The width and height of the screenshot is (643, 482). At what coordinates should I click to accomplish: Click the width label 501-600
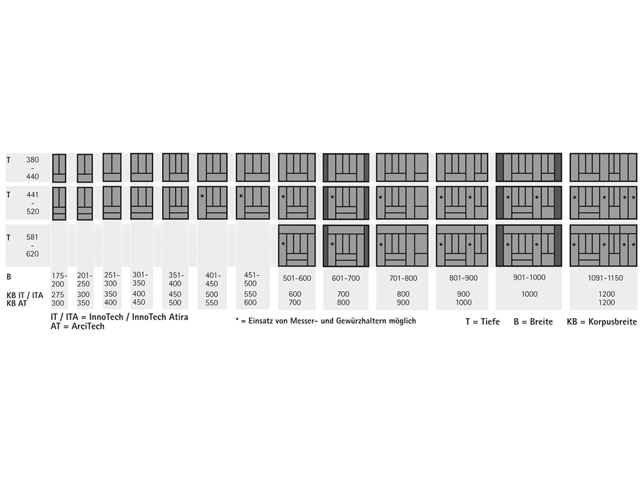point(297,278)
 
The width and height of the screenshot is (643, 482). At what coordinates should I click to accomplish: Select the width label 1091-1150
point(605,278)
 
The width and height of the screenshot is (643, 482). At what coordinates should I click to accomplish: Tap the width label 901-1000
point(529,278)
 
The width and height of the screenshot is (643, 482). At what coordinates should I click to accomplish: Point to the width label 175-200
point(59,280)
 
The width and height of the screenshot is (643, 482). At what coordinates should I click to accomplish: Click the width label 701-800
point(403,278)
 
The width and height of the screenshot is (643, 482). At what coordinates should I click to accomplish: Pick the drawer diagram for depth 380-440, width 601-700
point(346,167)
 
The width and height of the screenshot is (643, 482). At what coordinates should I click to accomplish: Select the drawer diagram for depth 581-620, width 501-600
point(297,245)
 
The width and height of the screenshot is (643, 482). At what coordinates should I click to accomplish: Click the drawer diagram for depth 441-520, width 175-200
point(59,203)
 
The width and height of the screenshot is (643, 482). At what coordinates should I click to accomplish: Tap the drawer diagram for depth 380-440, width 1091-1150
point(603,167)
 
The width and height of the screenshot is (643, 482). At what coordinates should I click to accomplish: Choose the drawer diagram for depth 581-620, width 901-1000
point(529,245)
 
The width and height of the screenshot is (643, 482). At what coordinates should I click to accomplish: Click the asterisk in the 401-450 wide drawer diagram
point(202,196)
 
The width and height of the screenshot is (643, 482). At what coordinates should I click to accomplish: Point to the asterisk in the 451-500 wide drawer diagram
point(241,196)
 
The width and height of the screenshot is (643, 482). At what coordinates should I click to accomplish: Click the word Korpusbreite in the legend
point(612,322)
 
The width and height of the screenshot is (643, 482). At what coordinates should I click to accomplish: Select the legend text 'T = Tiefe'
point(483,322)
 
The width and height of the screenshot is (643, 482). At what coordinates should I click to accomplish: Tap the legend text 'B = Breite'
point(533,322)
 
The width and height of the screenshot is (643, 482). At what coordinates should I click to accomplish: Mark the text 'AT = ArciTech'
point(78,326)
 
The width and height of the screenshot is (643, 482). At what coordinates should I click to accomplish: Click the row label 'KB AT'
point(17,303)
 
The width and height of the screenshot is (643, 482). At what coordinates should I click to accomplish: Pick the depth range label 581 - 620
point(32,245)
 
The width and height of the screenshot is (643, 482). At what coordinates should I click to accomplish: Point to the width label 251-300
point(111,280)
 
